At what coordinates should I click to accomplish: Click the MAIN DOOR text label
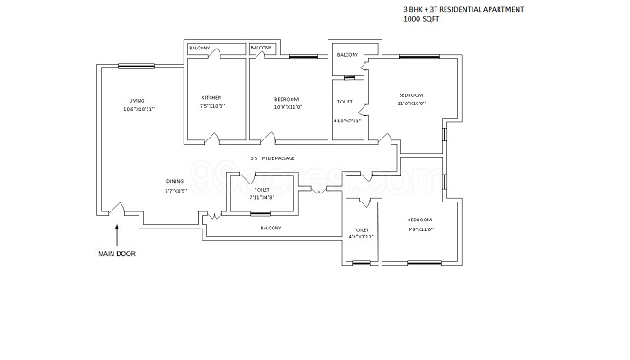pyautogui.click(x=116, y=254)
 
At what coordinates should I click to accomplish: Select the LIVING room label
pyautogui.click(x=137, y=99)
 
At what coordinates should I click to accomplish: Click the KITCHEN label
pyautogui.click(x=211, y=97)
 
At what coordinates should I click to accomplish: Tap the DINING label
pyautogui.click(x=175, y=181)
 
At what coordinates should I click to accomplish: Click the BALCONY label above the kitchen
pyautogui.click(x=199, y=48)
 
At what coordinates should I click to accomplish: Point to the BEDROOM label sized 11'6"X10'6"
pyautogui.click(x=410, y=94)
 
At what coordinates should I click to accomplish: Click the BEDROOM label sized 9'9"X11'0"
pyautogui.click(x=419, y=220)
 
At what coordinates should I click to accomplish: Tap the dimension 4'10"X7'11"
pyautogui.click(x=346, y=121)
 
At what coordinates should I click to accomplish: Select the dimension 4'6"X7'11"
pyautogui.click(x=362, y=237)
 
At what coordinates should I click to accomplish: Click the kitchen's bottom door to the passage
pyautogui.click(x=212, y=139)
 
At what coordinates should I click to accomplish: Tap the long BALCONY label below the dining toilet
pyautogui.click(x=271, y=229)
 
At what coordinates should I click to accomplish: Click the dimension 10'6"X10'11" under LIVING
pyautogui.click(x=139, y=108)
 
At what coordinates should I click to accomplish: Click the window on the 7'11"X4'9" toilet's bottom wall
pyautogui.click(x=260, y=213)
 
